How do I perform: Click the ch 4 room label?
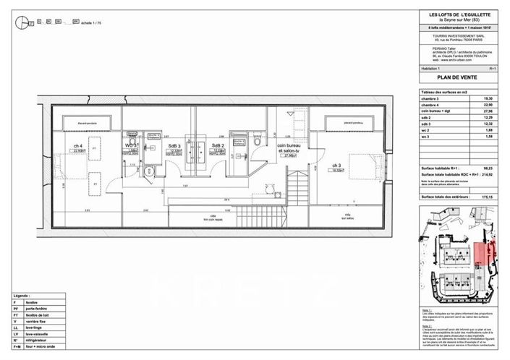[77, 147]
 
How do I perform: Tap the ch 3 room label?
[337, 166]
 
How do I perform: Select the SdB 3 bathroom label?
[174, 147]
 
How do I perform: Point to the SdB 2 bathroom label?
[218, 147]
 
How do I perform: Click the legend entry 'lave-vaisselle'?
[44, 334]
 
